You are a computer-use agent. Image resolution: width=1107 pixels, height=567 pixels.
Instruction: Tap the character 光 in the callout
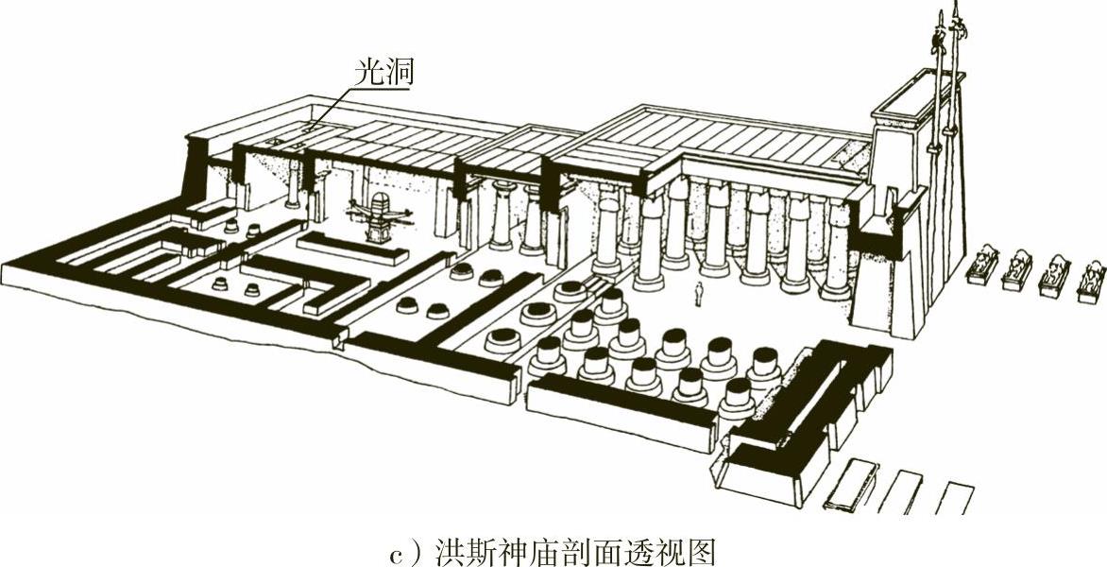click(370, 73)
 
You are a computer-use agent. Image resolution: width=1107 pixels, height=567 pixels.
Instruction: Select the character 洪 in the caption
click(450, 549)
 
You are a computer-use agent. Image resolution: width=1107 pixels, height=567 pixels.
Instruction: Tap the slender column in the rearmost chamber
click(293, 184)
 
